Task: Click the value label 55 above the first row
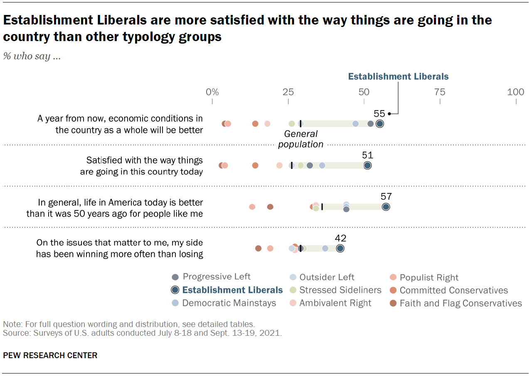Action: tap(379, 114)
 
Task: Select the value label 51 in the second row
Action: tap(367, 156)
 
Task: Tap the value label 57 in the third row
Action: tap(386, 197)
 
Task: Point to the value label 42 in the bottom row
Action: tap(340, 238)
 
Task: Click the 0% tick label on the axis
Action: tap(212, 92)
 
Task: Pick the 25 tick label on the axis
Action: tap(288, 92)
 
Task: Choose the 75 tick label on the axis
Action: tap(440, 92)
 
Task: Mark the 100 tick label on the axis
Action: tap(515, 92)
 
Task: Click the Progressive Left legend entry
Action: tap(217, 277)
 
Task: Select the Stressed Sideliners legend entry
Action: tap(340, 290)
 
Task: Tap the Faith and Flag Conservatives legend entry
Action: tap(461, 303)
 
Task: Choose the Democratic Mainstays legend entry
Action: tap(229, 303)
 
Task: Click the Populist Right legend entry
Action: tap(429, 278)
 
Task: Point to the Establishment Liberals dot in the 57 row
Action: tap(386, 207)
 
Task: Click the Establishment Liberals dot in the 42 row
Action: tap(340, 248)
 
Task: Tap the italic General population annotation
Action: tap(300, 139)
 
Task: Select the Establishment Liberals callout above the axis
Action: tap(398, 76)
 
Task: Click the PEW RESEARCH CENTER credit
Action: tap(50, 355)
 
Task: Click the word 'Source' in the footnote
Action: tap(13, 333)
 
